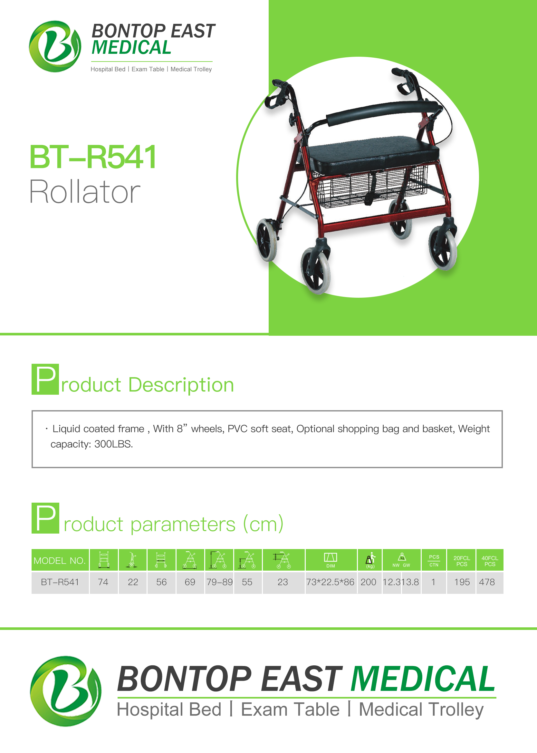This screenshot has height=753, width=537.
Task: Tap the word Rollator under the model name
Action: tap(85, 191)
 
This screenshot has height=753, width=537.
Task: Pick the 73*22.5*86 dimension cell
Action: tap(330, 582)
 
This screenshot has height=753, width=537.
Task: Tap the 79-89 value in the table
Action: tap(220, 582)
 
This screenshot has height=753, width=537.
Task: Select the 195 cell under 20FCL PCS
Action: tap(462, 582)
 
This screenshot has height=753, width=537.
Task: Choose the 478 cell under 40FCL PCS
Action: tap(487, 582)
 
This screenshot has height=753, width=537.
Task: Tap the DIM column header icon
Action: tap(331, 560)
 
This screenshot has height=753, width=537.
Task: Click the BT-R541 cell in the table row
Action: tap(60, 582)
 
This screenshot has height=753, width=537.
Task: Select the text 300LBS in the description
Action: tap(113, 444)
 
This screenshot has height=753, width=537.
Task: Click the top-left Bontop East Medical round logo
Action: tap(55, 46)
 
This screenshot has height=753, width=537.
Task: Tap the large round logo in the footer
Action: tap(66, 691)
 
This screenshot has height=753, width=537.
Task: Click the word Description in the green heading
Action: tap(181, 385)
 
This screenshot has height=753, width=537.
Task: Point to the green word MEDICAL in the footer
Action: tap(423, 679)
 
